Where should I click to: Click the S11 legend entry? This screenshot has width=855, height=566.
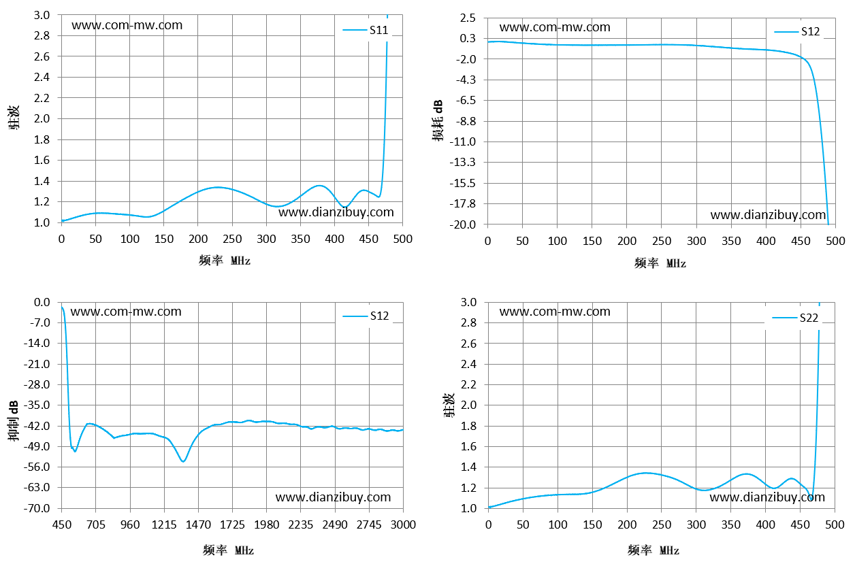click(366, 30)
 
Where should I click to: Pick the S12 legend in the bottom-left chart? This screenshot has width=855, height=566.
click(366, 316)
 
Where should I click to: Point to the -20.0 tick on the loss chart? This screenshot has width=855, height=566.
click(463, 224)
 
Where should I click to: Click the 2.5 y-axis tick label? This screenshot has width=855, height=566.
click(468, 18)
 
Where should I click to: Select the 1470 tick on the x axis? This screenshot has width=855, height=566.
click(198, 525)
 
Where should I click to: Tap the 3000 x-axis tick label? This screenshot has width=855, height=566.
click(403, 525)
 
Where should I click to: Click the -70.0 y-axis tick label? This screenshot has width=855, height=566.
click(37, 508)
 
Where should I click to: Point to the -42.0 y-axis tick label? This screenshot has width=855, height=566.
click(37, 426)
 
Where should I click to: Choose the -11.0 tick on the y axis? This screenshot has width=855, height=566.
click(463, 142)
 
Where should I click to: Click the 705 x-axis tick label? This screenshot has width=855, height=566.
click(95, 525)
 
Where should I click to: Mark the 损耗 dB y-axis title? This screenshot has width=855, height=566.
click(438, 120)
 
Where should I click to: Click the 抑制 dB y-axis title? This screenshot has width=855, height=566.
click(14, 420)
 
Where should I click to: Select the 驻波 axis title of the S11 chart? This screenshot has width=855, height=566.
click(14, 118)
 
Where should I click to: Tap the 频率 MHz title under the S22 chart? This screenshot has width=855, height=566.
click(653, 550)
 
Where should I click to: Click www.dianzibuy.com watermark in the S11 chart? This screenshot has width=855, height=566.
click(336, 212)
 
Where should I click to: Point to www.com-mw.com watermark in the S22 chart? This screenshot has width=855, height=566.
click(555, 312)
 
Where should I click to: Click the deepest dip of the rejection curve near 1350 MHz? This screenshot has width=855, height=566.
click(183, 461)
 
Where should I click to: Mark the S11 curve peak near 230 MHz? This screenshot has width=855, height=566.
click(217, 187)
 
